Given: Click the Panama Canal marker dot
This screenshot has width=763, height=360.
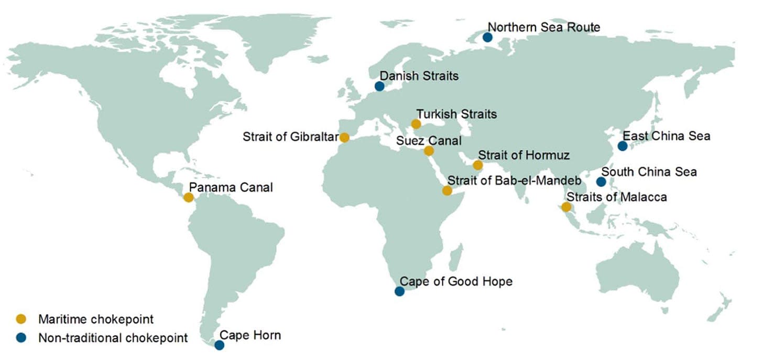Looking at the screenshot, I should tap(189, 198).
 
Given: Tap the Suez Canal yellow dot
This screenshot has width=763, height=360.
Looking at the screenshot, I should tap(429, 151).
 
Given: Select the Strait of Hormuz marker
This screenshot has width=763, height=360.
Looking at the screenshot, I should tap(477, 166).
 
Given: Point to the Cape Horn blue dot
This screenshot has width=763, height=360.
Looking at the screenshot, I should tap(220, 345).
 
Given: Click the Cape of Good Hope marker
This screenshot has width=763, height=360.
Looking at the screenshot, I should tap(399, 291).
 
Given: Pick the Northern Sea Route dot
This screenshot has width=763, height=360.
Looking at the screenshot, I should tap(487, 37).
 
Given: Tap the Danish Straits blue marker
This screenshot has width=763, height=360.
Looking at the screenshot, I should tap(379, 86).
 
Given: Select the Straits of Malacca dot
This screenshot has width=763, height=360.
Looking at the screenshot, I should tap(566, 207).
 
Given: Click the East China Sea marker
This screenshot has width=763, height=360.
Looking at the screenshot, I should tap(623, 146).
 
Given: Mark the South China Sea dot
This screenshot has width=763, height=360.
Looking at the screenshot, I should tap(601, 182).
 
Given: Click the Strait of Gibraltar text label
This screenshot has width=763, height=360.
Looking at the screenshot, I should tap(290, 137).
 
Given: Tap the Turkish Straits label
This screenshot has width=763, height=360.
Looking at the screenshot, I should tap(456, 114).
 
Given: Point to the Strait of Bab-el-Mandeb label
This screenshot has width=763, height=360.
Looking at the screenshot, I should tap(514, 181).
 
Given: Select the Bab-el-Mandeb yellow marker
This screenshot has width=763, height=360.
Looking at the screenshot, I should tap(447, 190).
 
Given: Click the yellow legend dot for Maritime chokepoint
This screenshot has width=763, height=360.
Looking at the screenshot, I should tap(21, 319).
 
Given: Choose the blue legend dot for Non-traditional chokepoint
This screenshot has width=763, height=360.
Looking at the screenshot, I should tap(21, 337).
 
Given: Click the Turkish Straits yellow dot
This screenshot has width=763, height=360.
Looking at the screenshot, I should tap(416, 124).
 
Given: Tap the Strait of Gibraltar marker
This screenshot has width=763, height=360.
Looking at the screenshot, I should tap(344, 138).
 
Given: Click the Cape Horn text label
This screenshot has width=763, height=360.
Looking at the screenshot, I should tap(250, 335).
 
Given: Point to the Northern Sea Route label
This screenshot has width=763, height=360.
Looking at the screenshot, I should tap(544, 27).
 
